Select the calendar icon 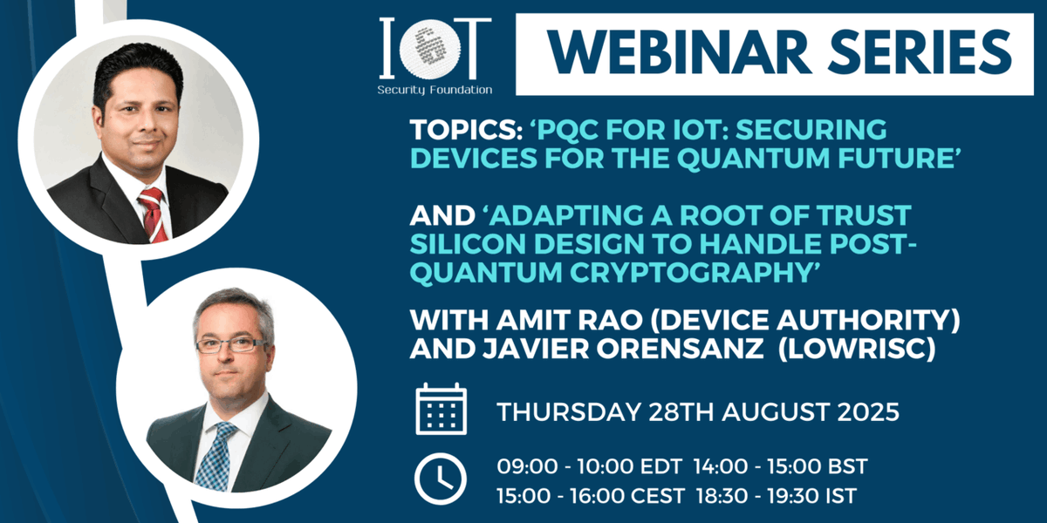tap(441, 409)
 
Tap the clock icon tap(441, 478)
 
